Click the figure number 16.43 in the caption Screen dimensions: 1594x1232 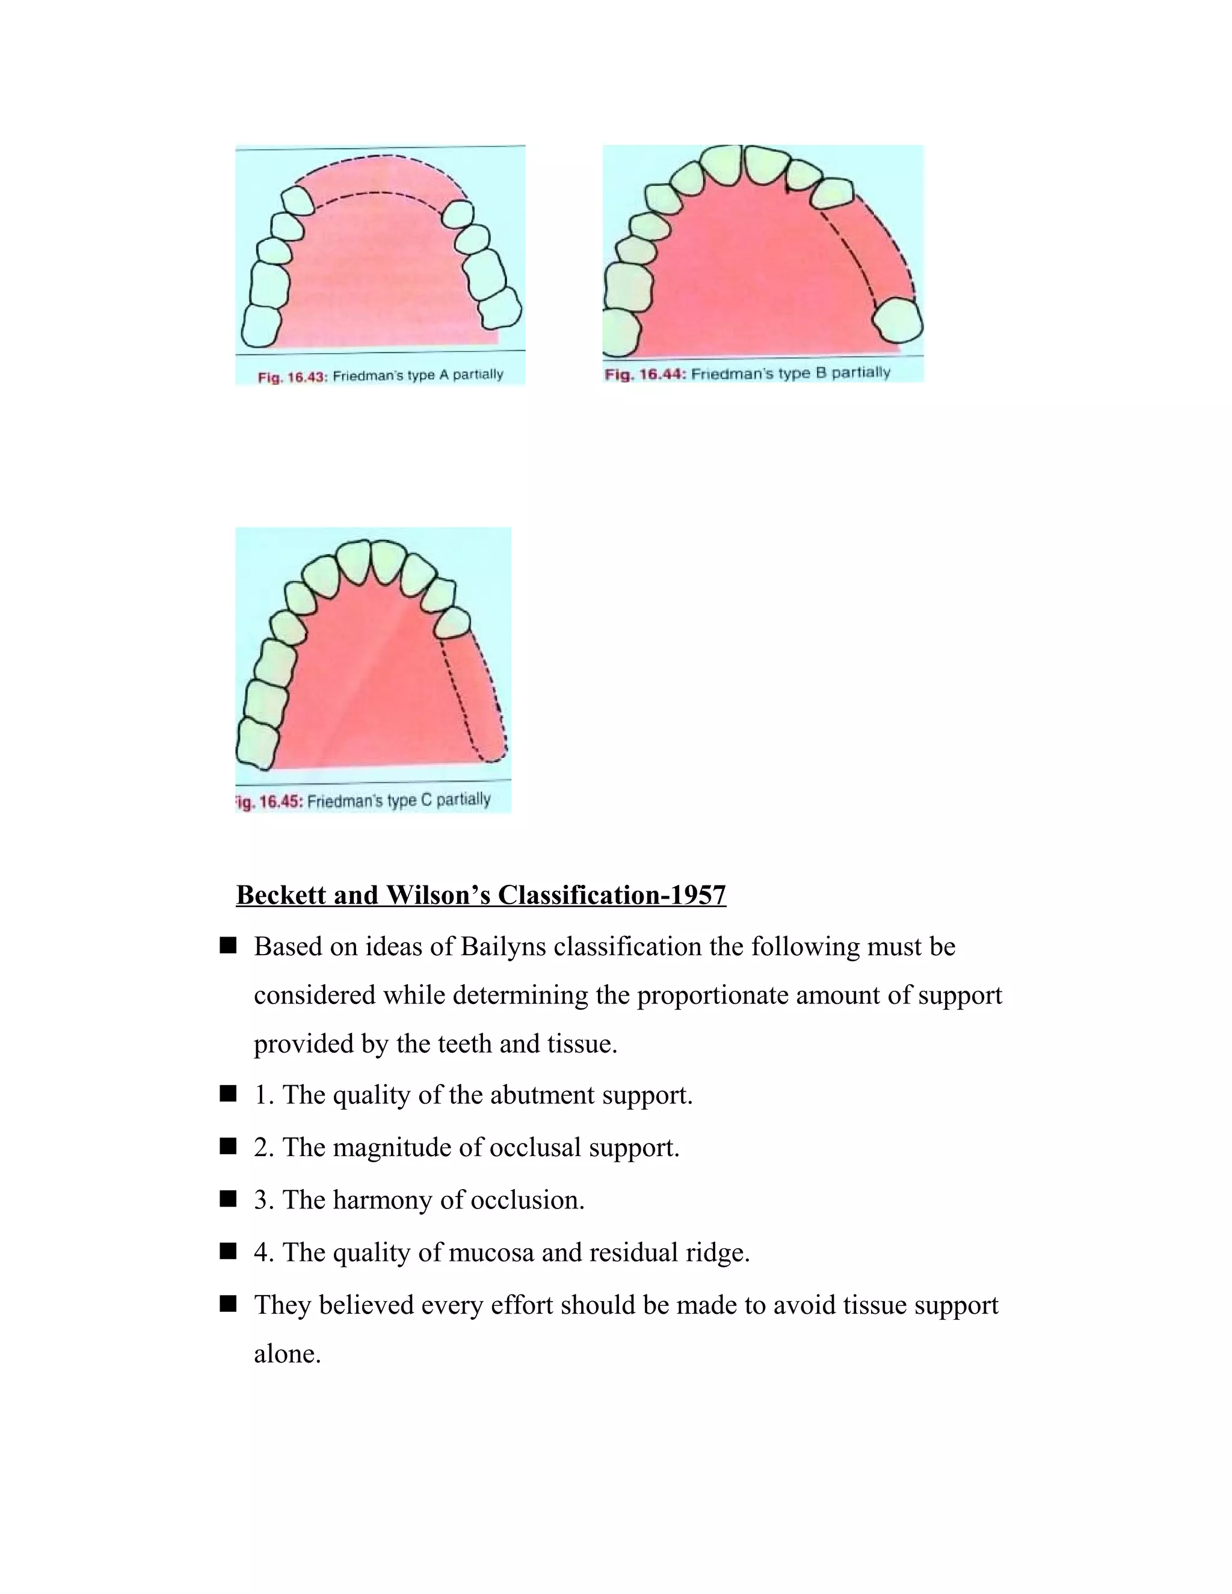tap(307, 377)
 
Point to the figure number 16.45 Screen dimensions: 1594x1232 tap(280, 801)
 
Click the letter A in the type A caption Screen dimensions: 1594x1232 tap(444, 375)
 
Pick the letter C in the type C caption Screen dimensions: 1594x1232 tap(427, 801)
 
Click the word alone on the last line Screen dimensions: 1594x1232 tap(287, 1354)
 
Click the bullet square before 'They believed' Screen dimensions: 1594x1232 tap(228, 1304)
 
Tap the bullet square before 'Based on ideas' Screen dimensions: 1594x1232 tap(228, 947)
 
